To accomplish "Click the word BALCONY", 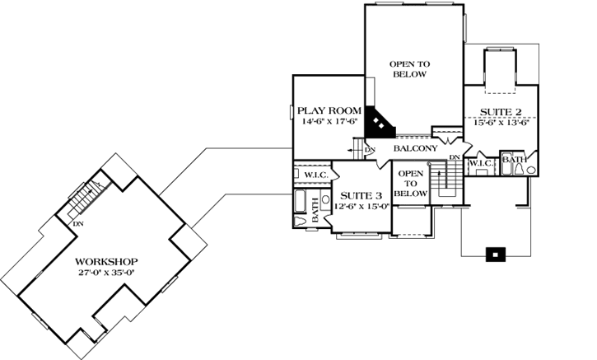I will pos(414,148).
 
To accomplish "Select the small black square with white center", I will pos(494,255).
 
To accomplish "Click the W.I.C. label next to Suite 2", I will pos(480,163).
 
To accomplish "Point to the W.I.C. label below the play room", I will pos(316,174).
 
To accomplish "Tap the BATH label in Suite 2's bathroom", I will pos(514,159).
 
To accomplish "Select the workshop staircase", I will pos(84,198).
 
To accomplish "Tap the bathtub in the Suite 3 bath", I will pos(300,200).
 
